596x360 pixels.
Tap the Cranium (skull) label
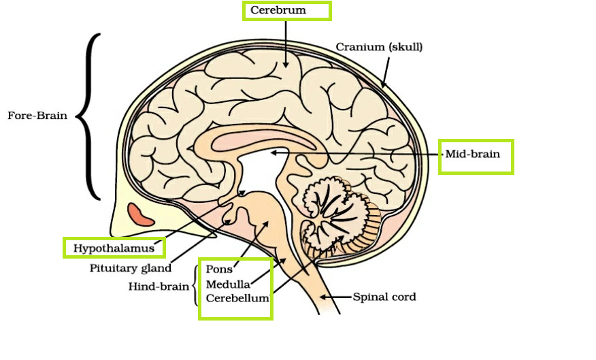(379, 47)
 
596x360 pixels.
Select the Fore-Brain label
(37, 116)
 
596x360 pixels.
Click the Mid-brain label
(472, 154)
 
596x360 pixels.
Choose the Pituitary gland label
(130, 268)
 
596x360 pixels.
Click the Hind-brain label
(159, 287)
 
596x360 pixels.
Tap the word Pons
(219, 269)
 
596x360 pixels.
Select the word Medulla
(228, 284)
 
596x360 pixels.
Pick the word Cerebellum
(237, 298)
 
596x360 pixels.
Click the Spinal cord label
(384, 297)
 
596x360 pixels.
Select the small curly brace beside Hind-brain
(196, 285)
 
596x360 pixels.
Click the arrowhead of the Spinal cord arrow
(323, 297)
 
